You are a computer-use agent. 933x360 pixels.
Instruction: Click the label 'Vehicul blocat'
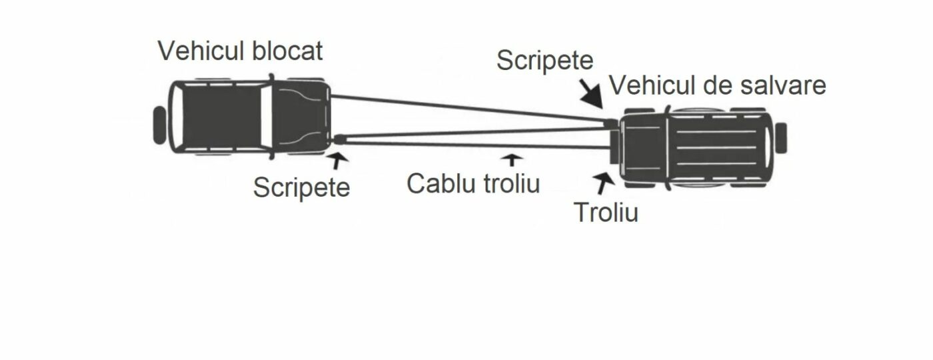coord(241,51)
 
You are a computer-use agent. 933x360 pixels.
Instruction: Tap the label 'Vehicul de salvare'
coord(718,85)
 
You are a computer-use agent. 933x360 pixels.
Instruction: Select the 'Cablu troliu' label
coord(473,183)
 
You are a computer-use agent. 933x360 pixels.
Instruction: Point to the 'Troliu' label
coord(606,212)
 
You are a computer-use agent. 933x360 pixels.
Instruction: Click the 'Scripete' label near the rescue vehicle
coord(545,61)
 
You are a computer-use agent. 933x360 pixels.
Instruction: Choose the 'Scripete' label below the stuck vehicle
coord(301,187)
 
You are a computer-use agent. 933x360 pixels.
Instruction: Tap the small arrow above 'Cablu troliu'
coord(512,159)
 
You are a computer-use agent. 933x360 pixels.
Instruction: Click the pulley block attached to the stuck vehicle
coord(339,139)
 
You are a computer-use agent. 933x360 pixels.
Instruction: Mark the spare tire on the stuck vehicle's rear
coord(159,125)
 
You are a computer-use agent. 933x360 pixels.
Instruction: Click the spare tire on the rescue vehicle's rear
coord(780,138)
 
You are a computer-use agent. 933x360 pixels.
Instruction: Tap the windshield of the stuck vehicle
coord(266,117)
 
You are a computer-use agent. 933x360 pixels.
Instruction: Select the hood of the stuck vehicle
coord(301,116)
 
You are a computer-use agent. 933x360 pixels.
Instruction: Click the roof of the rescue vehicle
coord(716,147)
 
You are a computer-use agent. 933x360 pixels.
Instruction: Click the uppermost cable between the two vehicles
coord(468,109)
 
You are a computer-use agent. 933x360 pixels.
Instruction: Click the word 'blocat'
coord(287,51)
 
